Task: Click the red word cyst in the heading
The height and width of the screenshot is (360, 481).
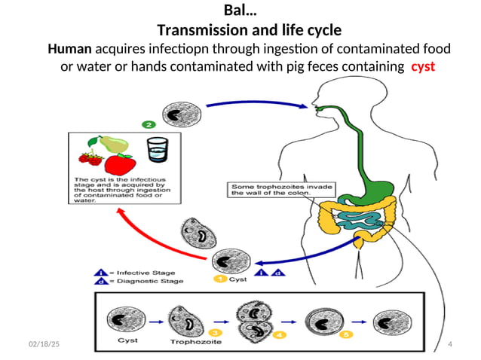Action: click(x=422, y=66)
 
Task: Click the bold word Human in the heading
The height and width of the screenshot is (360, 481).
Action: click(x=70, y=49)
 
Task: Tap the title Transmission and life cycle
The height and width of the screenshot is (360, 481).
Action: click(x=249, y=30)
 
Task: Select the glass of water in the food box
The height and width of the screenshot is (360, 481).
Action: click(x=158, y=151)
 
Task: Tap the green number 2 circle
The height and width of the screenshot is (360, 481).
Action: click(x=149, y=124)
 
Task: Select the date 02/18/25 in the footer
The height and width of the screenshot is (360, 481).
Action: click(x=44, y=344)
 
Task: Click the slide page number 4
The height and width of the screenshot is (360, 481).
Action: click(x=449, y=344)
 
